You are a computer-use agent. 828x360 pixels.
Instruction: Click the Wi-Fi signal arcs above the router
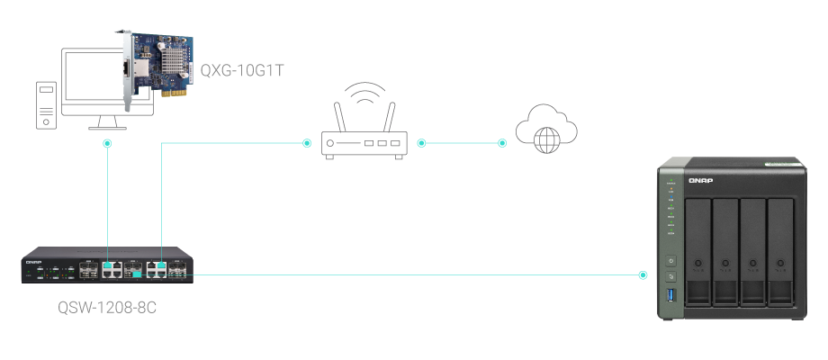pos(364,96)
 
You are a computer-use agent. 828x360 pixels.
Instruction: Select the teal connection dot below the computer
pos(107,143)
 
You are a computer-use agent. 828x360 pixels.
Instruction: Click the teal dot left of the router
pos(306,143)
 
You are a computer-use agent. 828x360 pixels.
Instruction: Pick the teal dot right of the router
pos(420,143)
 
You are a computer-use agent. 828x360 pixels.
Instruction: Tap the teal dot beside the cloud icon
pos(502,143)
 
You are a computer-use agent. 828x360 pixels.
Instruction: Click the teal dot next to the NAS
pos(642,274)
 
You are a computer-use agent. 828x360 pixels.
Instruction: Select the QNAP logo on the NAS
pos(700,181)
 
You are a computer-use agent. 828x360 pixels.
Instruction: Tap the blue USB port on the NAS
pos(670,298)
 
